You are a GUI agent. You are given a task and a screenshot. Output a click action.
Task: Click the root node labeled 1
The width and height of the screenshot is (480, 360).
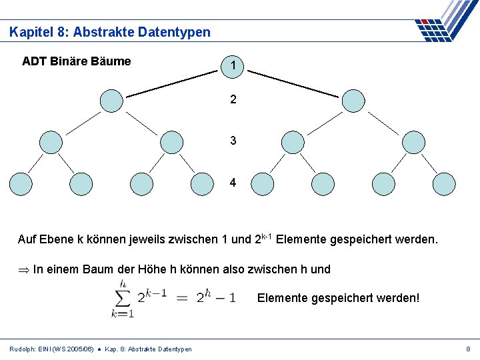point(233,65)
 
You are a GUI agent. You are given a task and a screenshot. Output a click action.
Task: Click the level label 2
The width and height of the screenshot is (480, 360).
point(233,100)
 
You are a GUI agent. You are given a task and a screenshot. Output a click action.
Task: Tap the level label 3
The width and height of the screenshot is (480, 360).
point(233,141)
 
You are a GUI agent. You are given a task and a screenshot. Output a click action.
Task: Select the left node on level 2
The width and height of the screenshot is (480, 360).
point(111,101)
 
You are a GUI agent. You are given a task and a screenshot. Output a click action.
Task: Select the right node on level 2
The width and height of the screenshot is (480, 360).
point(353,101)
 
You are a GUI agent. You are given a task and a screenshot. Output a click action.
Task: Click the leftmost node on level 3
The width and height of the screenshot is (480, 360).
point(51,142)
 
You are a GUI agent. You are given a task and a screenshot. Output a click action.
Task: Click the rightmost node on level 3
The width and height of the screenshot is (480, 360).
point(413,142)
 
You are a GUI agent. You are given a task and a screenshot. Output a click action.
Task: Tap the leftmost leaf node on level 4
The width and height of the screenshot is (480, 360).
point(20,183)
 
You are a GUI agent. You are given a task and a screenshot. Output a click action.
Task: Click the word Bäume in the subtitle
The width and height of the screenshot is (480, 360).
point(110,61)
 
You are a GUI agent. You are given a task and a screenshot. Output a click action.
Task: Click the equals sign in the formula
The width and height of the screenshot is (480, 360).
point(181,297)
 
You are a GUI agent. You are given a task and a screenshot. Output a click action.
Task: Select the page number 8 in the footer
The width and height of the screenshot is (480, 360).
point(468,349)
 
